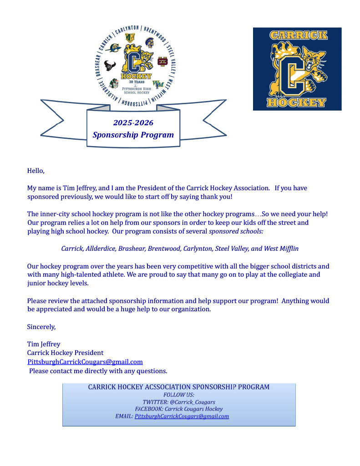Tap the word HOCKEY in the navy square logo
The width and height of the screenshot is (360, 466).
click(297, 102)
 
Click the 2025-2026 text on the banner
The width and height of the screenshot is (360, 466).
click(133, 123)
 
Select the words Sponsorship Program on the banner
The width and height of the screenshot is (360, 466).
click(133, 135)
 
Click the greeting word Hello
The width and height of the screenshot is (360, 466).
click(36, 171)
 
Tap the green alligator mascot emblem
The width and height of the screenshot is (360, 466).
click(114, 83)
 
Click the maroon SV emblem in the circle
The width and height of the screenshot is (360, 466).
click(162, 61)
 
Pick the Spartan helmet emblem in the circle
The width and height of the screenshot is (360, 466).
click(149, 43)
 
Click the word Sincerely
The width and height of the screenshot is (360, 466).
click(41, 327)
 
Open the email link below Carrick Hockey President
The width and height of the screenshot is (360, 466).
click(85, 362)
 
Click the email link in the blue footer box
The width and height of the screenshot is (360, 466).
click(182, 416)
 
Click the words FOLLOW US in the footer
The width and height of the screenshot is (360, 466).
click(179, 395)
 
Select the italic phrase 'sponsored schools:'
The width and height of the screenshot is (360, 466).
click(236, 232)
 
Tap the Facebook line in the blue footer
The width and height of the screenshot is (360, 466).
click(179, 409)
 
